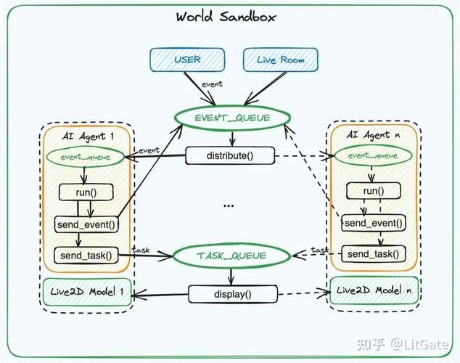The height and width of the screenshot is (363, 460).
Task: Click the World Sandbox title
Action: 226,17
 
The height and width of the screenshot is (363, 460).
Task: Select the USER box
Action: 187,60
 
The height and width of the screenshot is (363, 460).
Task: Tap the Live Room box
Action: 281,60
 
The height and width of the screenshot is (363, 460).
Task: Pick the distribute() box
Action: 230,155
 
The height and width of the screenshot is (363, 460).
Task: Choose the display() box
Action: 233,294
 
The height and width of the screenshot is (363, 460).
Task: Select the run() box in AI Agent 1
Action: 86,192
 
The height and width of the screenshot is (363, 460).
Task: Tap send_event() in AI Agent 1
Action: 86,225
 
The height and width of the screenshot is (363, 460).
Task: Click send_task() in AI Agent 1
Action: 86,256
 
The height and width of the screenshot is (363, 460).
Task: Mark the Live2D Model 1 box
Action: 87,292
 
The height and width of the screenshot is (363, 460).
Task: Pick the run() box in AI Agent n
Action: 374,191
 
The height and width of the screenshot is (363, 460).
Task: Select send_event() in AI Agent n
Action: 374,224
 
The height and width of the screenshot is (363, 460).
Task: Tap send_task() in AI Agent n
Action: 374,254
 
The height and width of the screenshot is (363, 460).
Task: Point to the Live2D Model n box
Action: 374,290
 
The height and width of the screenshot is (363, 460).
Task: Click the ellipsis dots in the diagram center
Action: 229,205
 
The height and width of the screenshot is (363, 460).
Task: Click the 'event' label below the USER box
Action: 212,84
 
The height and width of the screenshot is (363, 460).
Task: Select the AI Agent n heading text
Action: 373,135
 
